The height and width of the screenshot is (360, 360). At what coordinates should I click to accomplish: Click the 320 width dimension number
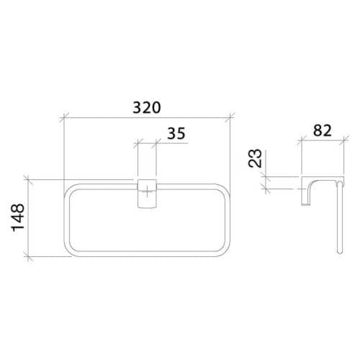coord(147,107)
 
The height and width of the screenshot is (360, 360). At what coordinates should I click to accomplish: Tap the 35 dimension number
coord(176,133)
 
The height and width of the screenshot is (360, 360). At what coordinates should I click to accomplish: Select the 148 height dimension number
coord(18,218)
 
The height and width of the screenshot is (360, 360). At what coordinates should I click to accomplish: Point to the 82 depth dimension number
coord(322,130)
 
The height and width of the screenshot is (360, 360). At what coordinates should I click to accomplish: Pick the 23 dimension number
coord(254,158)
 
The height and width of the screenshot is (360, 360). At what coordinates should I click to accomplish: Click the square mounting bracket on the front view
coord(147,193)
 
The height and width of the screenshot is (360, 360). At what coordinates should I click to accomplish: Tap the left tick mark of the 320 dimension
coord(64,117)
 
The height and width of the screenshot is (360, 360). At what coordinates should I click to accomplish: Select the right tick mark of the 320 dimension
coord(230,117)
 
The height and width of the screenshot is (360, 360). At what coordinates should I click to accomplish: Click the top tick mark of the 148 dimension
coord(28,179)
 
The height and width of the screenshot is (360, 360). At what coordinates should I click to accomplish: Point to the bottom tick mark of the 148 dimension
coord(28,256)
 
